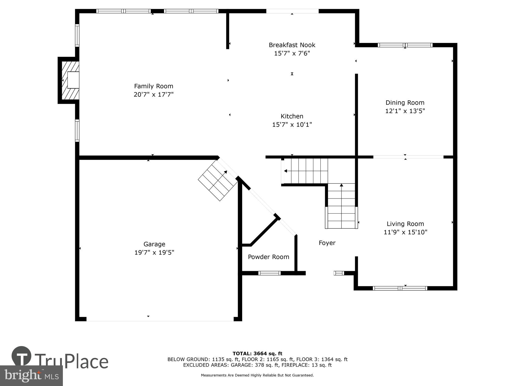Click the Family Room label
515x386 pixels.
coord(153,86)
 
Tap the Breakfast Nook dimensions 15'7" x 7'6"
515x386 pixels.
coord(292,53)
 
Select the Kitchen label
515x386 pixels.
coord(292,116)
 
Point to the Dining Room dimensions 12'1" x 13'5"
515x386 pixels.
coord(405,111)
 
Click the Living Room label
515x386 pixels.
coord(405,224)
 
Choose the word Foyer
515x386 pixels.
coord(327,243)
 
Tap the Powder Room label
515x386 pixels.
coord(268,257)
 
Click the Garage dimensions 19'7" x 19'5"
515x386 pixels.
coord(154,252)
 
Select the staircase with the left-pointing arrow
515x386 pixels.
coord(306,171)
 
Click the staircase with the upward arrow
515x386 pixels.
coord(341,206)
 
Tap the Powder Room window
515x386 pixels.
coord(269,273)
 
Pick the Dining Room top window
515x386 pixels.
coord(405,45)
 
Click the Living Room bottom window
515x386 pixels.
coord(400,288)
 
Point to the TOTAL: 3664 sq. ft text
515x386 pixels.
coord(257,354)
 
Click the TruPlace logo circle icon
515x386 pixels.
coord(21,356)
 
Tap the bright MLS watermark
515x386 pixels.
coord(31,375)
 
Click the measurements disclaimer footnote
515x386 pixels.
coord(257,375)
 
